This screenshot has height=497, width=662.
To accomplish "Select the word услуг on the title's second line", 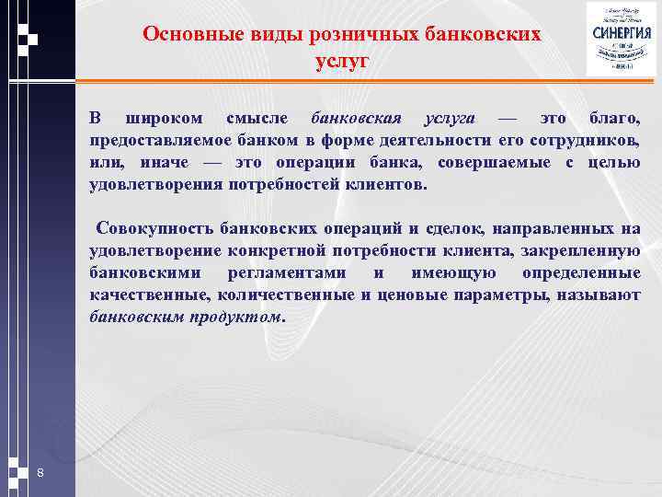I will [x=340, y=61].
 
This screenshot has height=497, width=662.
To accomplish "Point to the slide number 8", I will [x=40, y=473].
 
